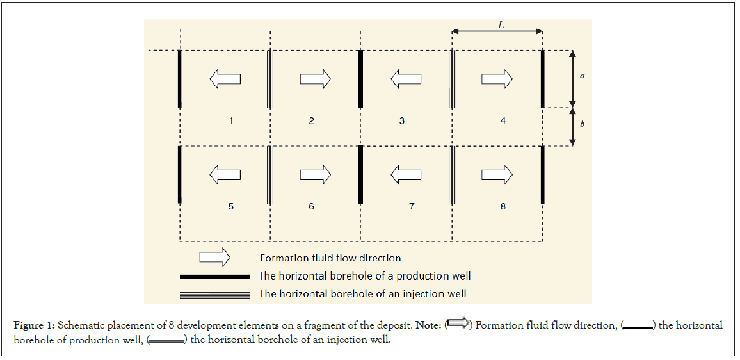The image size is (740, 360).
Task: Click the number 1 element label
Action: click(230, 120)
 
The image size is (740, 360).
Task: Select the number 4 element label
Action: click(503, 120)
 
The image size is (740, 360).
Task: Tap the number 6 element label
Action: click(311, 206)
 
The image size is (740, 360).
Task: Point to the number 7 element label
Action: click(412, 206)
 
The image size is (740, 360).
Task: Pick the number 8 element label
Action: click(503, 206)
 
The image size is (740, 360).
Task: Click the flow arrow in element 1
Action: click(225, 79)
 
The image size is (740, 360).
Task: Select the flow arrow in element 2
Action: click(316, 79)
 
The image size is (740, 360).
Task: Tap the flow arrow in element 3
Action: click(406, 79)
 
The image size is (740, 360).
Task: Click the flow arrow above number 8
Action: click(497, 174)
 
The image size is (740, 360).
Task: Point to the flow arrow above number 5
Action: click(225, 174)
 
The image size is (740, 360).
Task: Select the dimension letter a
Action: click(582, 76)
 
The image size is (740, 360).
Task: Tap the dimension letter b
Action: click(582, 124)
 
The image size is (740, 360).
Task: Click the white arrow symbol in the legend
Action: click(215, 258)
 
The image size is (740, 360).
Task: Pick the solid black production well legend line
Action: click(214, 277)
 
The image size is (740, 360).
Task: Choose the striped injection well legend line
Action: click(214, 294)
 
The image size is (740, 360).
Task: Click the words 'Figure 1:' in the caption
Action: click(33, 326)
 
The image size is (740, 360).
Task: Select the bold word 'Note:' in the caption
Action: click(428, 326)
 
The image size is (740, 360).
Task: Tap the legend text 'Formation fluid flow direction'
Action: click(330, 258)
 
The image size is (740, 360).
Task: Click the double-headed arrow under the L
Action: click(497, 31)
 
